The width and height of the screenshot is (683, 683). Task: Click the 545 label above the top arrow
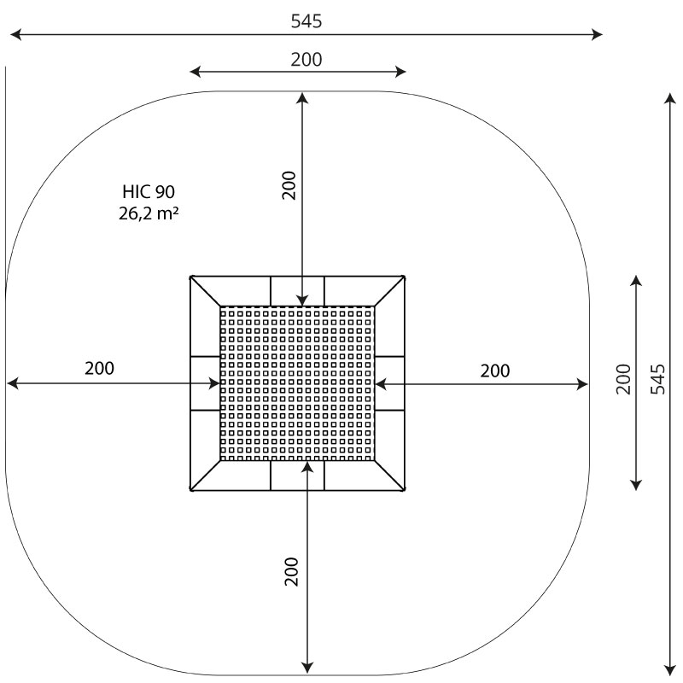coord(306,20)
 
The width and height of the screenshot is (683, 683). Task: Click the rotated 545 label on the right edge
coord(657,379)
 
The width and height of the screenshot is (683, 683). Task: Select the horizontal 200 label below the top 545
coord(306,59)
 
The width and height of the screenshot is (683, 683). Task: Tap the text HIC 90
coord(149,191)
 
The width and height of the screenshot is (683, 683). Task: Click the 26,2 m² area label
coord(149,213)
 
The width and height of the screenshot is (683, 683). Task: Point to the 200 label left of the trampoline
coord(99,368)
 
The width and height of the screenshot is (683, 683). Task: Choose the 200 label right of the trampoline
coord(495,371)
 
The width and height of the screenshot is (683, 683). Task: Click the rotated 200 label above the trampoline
coord(289,185)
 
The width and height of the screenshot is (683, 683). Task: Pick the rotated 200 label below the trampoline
coord(291,571)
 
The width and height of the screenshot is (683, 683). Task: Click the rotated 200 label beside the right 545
coord(623,379)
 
